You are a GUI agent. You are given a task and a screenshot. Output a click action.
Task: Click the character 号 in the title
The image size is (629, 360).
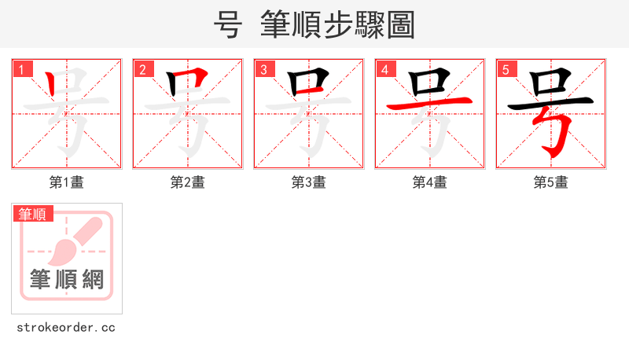click(227, 25)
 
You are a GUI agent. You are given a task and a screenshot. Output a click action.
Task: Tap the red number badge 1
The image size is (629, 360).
click(22, 69)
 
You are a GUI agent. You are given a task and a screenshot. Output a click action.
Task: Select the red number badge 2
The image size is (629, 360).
click(143, 69)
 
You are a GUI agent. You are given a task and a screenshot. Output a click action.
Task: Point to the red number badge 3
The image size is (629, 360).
click(264, 69)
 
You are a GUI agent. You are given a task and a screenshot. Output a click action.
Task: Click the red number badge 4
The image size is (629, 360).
click(385, 69)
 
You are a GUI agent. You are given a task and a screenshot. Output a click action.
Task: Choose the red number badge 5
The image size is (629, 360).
click(506, 69)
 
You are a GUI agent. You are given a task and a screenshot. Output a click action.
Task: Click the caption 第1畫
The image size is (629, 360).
click(67, 182)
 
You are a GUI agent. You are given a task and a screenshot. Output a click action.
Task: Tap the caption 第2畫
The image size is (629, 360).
click(188, 182)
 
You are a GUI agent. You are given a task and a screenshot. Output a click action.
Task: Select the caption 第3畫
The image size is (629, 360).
click(309, 182)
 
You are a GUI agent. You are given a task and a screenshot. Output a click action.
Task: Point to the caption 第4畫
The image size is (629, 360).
click(430, 182)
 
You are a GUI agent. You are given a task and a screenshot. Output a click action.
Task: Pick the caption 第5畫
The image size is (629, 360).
click(551, 182)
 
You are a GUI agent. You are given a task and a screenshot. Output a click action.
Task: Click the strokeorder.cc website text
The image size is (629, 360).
click(66, 327)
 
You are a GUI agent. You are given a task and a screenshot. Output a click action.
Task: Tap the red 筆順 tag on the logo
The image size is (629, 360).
click(32, 214)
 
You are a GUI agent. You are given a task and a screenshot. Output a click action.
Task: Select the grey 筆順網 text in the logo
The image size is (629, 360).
click(67, 279)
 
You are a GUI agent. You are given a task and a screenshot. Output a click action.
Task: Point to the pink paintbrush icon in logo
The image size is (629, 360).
click(75, 240)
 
